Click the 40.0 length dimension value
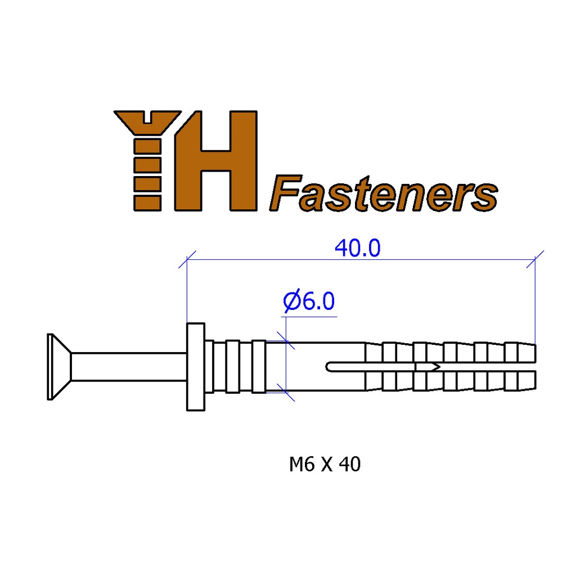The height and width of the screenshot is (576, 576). (x=357, y=247)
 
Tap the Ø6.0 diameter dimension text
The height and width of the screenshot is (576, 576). (x=309, y=302)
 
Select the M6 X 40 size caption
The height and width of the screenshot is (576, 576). (x=325, y=465)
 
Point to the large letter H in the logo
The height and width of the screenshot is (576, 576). (x=215, y=160)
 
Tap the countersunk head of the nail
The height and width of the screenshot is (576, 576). (x=58, y=367)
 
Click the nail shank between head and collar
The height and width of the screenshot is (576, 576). (x=128, y=367)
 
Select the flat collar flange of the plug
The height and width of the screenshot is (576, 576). (x=196, y=367)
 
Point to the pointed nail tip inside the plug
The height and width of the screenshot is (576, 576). (x=434, y=367)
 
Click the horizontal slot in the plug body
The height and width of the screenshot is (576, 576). (x=371, y=367)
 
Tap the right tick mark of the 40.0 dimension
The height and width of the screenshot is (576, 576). (x=535, y=259)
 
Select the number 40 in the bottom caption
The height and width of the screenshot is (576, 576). (x=350, y=465)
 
